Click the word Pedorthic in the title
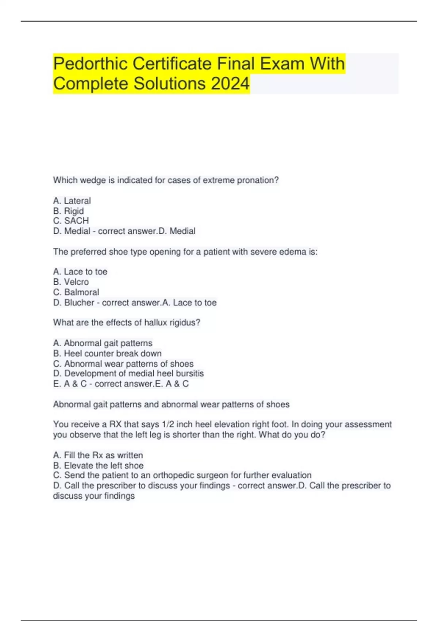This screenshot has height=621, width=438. (x=91, y=64)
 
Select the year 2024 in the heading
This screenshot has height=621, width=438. (x=230, y=84)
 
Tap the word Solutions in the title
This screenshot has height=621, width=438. (x=169, y=84)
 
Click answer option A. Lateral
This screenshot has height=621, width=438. (x=72, y=201)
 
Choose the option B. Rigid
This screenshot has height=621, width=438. (x=68, y=211)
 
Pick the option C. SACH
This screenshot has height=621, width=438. (x=71, y=221)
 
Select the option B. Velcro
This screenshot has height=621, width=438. (x=71, y=282)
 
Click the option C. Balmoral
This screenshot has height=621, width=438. (x=76, y=292)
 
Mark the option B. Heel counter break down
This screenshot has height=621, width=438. (x=107, y=354)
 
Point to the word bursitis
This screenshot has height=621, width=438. (x=190, y=373)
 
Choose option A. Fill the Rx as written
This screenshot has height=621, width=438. (x=98, y=455)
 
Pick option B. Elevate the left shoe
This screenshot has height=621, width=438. (x=98, y=465)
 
